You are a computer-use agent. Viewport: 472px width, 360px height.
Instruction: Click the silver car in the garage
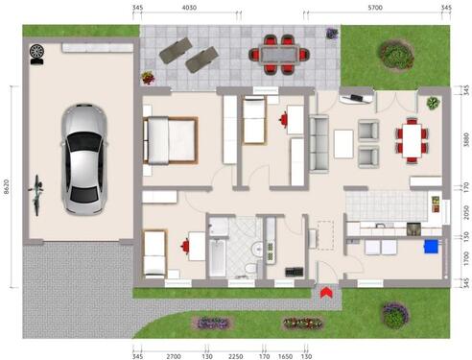click(x=84, y=158)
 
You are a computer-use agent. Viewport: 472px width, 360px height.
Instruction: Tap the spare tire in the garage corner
click(x=37, y=51)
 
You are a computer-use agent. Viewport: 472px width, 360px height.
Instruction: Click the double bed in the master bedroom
click(x=170, y=140)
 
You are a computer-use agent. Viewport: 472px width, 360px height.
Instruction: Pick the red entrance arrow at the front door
click(x=325, y=291)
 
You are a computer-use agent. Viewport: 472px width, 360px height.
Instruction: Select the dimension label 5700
click(x=375, y=8)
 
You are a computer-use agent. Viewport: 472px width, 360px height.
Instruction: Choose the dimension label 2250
click(x=236, y=354)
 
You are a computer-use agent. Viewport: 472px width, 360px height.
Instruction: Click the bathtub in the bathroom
click(x=218, y=257)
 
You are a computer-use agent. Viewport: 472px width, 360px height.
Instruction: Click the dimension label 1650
click(x=285, y=354)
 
